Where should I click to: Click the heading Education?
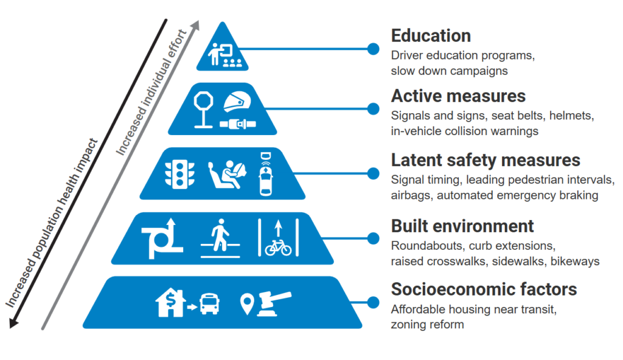click(x=431, y=35)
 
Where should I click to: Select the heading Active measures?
click(x=458, y=95)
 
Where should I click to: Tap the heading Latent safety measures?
click(x=486, y=160)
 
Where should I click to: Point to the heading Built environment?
click(x=462, y=226)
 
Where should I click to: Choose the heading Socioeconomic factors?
click(x=484, y=289)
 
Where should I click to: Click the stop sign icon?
click(x=203, y=110)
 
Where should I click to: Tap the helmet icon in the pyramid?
click(x=237, y=103)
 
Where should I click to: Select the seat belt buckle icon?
click(x=238, y=124)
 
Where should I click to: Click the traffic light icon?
click(x=179, y=174)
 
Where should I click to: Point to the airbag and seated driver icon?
click(x=228, y=175)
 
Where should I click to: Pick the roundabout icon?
click(x=162, y=238)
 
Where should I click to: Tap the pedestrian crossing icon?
click(x=220, y=238)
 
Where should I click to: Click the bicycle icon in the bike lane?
click(x=278, y=247)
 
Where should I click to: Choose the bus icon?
click(x=209, y=304)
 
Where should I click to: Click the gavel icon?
click(x=274, y=303)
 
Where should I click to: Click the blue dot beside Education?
click(x=373, y=49)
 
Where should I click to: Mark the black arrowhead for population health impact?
click(x=13, y=323)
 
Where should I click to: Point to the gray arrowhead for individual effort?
click(x=195, y=26)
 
